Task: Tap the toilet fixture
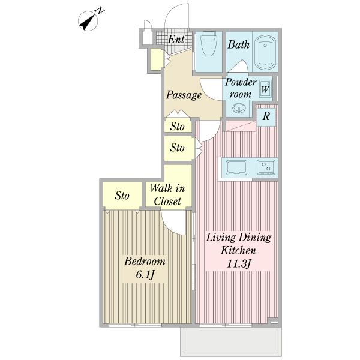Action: pyautogui.click(x=209, y=44)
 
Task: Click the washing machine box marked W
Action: pyautogui.click(x=265, y=88)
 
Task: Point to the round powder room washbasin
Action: pyautogui.click(x=239, y=107)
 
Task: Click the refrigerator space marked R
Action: pyautogui.click(x=266, y=116)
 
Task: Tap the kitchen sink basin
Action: pyautogui.click(x=236, y=167)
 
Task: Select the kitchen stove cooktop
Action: pyautogui.click(x=266, y=167)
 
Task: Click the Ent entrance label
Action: pyautogui.click(x=176, y=39)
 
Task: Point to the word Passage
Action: pyautogui.click(x=184, y=95)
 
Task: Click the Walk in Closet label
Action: pyautogui.click(x=167, y=194)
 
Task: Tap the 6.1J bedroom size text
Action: pyautogui.click(x=145, y=274)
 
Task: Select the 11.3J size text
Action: pyautogui.click(x=238, y=263)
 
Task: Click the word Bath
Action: pyautogui.click(x=239, y=44)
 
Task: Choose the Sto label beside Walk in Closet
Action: pyautogui.click(x=122, y=196)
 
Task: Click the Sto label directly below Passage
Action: pyautogui.click(x=177, y=127)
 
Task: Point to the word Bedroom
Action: pyautogui.click(x=145, y=261)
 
